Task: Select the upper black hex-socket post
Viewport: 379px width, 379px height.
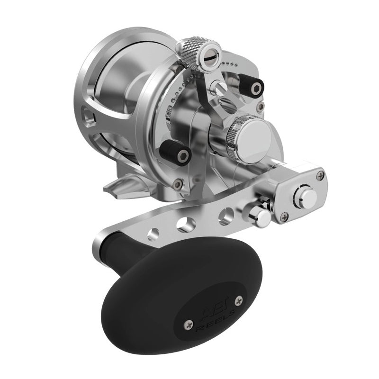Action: pyautogui.click(x=254, y=87)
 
